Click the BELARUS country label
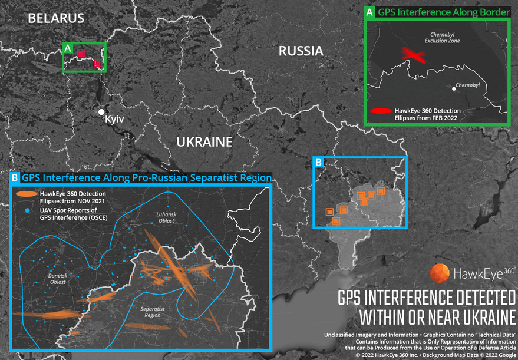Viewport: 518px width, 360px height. [56, 18]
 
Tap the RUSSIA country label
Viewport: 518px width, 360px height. [301, 51]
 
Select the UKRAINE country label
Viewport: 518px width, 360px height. [204, 142]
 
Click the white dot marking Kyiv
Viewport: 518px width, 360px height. [102, 112]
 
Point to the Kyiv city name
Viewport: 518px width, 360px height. [114, 120]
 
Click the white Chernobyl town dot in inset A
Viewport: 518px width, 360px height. [454, 88]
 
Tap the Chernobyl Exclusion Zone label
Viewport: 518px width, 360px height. [442, 37]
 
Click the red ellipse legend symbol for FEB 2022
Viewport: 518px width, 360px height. [381, 111]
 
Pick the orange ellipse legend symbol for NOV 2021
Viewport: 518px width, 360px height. [27, 193]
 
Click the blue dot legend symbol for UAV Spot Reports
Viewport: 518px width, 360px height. [27, 210]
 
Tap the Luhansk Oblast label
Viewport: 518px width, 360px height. [166, 217]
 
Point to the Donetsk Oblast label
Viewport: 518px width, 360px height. [58, 279]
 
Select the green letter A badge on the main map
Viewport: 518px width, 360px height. [68, 48]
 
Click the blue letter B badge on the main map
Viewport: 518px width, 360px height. [319, 162]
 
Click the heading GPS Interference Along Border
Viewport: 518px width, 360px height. [435, 12]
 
